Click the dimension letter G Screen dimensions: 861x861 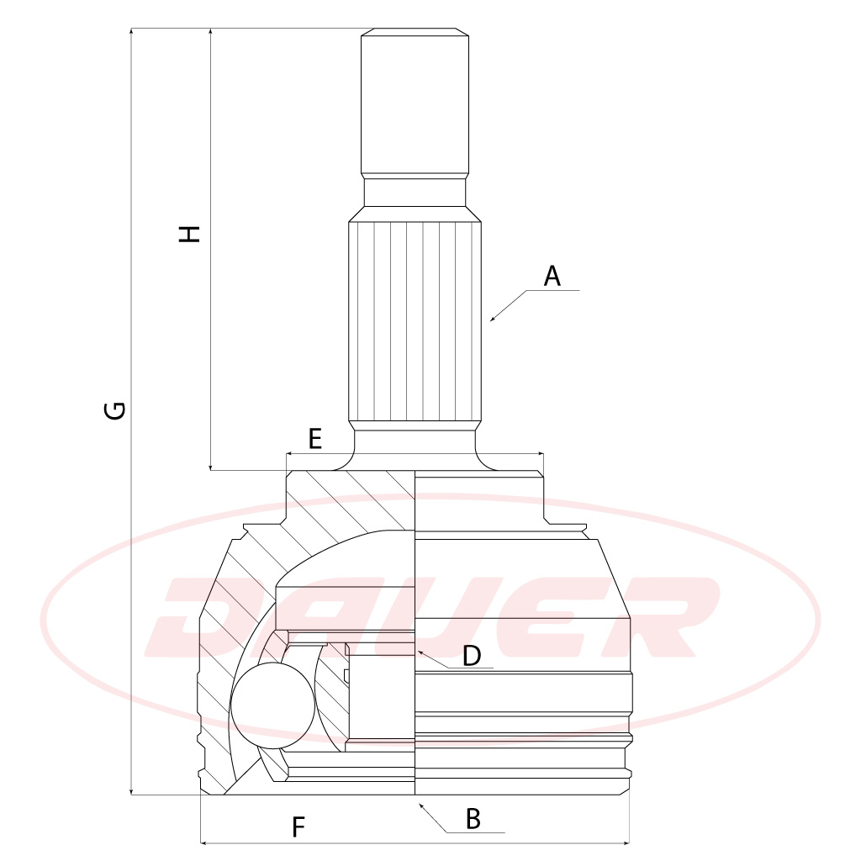115,410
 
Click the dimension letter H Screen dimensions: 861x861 189,234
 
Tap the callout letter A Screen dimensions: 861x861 552,276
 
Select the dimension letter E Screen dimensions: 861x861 314,439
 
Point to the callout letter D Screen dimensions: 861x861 472,655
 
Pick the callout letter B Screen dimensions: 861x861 473,819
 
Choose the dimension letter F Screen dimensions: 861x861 298,827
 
